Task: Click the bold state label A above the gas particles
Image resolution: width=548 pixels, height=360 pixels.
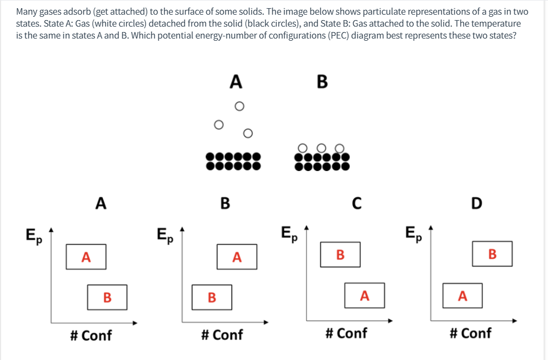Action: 235,81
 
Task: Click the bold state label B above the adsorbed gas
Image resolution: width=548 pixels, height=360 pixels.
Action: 322,81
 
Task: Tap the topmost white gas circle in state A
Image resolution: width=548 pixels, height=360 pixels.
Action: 238,106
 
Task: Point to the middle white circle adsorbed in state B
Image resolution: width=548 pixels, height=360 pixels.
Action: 322,147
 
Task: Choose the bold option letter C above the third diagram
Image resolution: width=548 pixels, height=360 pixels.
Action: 355,203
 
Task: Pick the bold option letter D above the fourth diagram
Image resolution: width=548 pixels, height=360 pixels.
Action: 476,203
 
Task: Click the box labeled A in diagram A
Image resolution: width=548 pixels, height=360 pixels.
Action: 86,257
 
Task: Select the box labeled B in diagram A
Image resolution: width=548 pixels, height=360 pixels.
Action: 107,297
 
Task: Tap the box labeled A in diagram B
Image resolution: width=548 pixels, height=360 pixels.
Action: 237,257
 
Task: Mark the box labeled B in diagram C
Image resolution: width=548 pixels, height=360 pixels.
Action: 340,255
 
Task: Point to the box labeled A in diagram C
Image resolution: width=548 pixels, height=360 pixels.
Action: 365,295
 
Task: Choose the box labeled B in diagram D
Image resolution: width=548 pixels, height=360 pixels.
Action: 492,254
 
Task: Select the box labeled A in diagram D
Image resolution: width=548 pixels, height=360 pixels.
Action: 462,295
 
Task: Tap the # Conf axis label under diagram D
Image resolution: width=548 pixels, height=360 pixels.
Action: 470,333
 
